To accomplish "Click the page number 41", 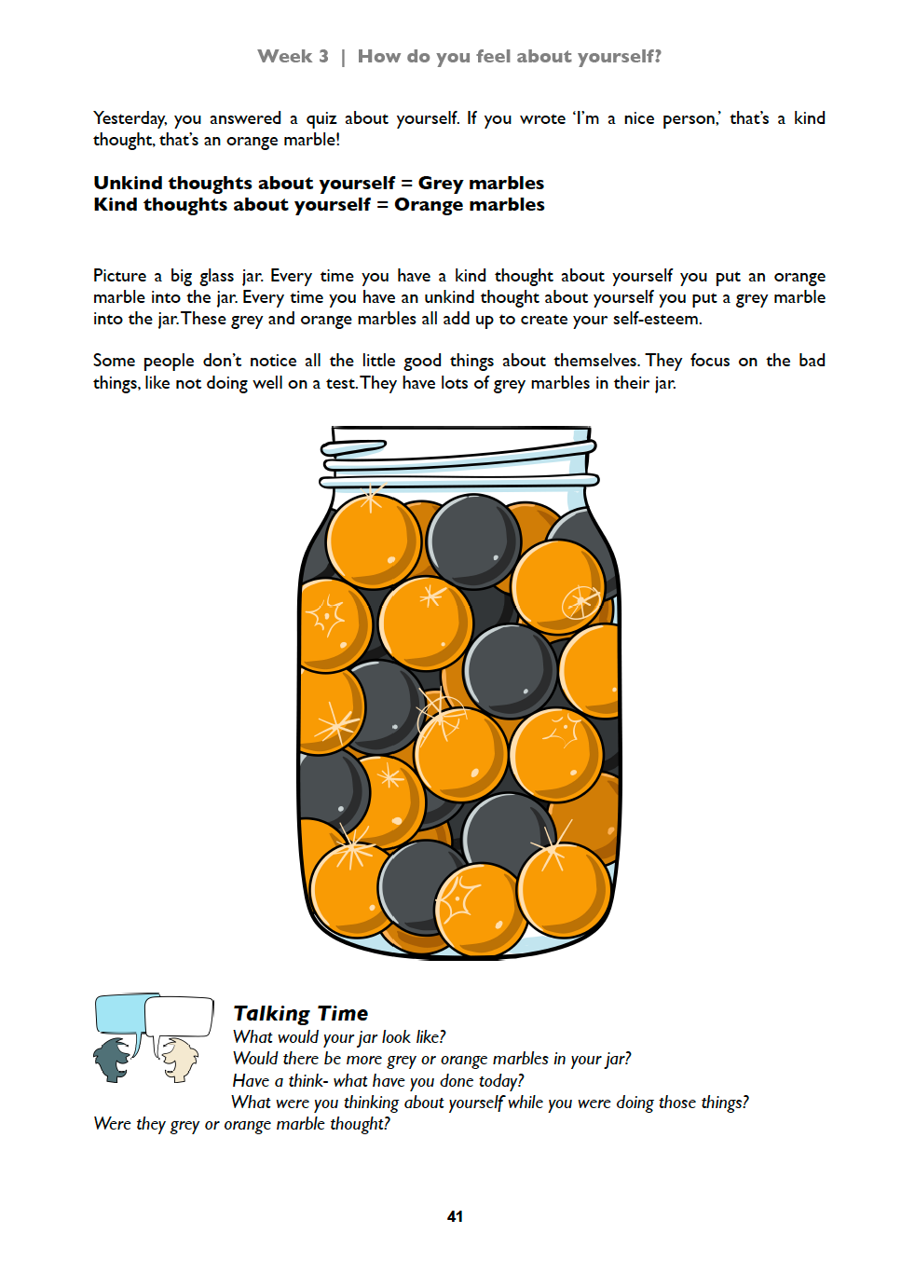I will click(x=455, y=1216).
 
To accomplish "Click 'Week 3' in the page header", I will click(x=293, y=56).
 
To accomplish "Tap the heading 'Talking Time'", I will click(x=300, y=1013).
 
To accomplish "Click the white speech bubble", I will click(x=181, y=1016).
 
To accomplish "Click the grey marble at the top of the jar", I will click(x=473, y=541).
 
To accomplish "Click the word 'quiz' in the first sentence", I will click(x=321, y=118).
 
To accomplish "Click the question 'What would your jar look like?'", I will click(x=339, y=1037).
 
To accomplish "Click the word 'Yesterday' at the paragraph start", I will click(x=130, y=118).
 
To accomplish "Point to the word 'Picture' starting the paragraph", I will click(x=119, y=276).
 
